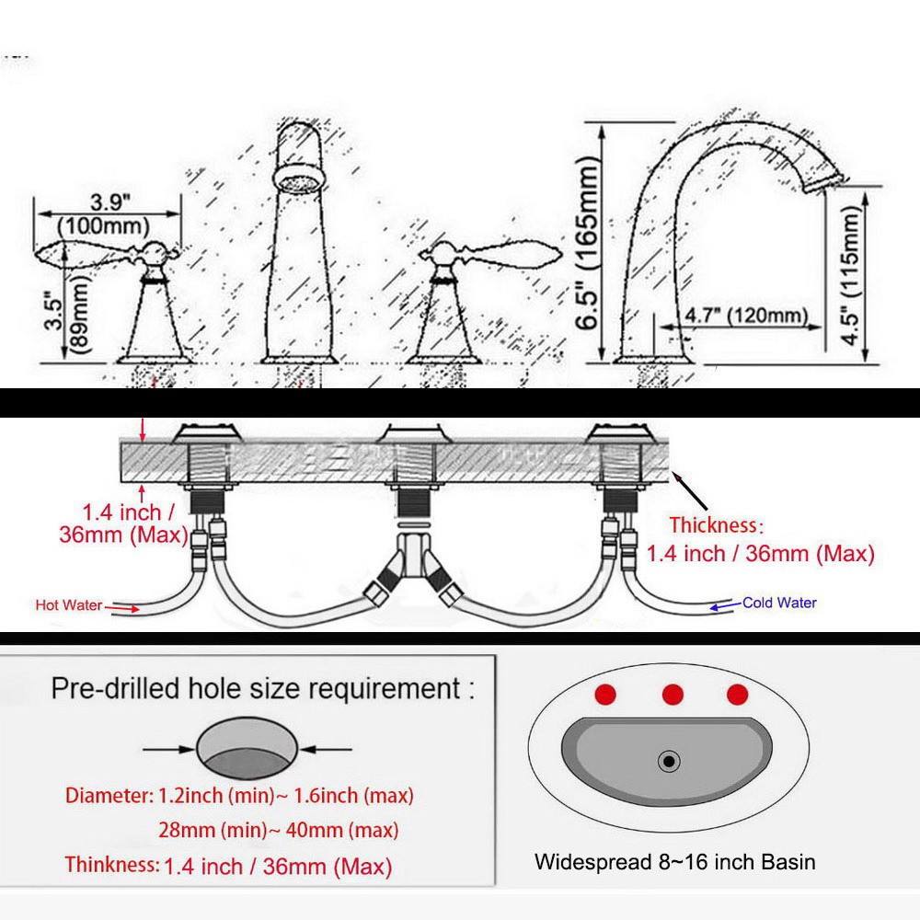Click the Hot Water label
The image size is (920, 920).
[69, 604]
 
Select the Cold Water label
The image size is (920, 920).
[779, 603]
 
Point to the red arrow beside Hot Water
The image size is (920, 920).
[121, 606]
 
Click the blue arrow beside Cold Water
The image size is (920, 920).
[725, 604]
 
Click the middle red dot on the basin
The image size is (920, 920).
[673, 695]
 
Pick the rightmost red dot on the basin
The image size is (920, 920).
[737, 695]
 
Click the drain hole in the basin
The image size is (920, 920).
[669, 761]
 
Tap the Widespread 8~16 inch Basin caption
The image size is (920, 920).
[674, 862]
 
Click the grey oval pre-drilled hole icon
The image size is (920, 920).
[247, 748]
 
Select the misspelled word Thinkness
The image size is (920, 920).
[111, 865]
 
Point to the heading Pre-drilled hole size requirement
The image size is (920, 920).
[263, 688]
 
